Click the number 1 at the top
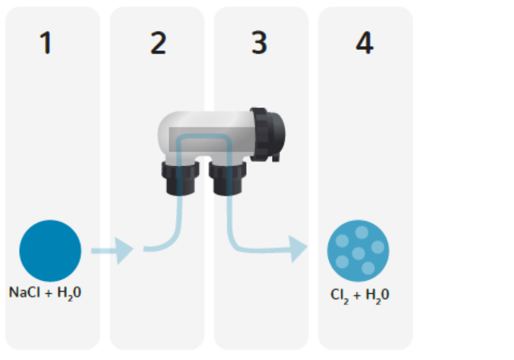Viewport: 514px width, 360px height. pyautogui.click(x=46, y=43)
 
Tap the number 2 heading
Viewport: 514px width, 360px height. pyautogui.click(x=158, y=43)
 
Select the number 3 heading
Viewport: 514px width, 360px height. pyautogui.click(x=260, y=43)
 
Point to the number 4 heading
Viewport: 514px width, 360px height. pyautogui.click(x=364, y=43)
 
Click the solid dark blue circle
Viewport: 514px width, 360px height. pyautogui.click(x=50, y=250)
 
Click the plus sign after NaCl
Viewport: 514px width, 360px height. pyautogui.click(x=46, y=293)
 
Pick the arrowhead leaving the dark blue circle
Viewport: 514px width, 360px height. pyautogui.click(x=123, y=250)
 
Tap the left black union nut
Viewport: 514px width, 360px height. pyautogui.click(x=177, y=177)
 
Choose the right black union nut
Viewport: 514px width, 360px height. pyautogui.click(x=226, y=177)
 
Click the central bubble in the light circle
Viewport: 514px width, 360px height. pyautogui.click(x=358, y=253)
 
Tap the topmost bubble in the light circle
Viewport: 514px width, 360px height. pyautogui.click(x=361, y=232)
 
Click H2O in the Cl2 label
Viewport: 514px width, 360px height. pyautogui.click(x=378, y=295)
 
